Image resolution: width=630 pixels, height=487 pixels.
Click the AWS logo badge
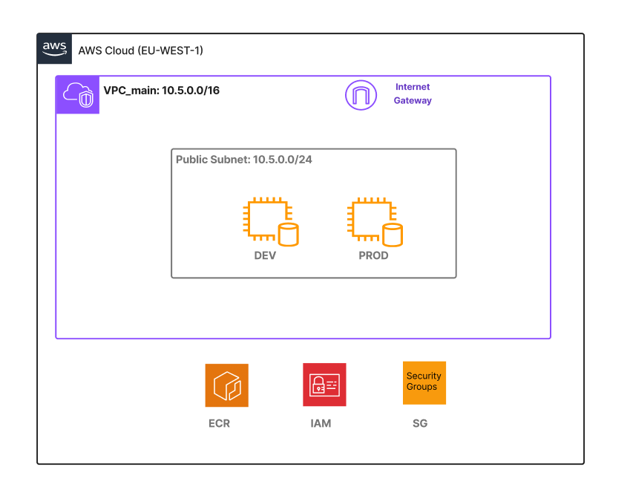pos(55,48)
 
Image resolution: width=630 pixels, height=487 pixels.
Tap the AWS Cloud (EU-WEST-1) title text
pos(140,50)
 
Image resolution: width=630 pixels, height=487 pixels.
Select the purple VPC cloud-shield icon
pos(78,95)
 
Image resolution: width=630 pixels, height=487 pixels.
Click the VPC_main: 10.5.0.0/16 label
pos(161,91)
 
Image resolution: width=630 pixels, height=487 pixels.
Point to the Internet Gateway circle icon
pos(361,95)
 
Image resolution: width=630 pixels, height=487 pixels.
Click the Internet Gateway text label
pos(413,94)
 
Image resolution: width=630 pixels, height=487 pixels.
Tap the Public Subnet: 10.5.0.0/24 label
pos(243,160)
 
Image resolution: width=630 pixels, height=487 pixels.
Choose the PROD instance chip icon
pos(370,218)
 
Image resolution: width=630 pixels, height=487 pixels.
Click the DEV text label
pos(265,255)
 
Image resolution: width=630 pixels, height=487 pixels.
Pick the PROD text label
pos(373,255)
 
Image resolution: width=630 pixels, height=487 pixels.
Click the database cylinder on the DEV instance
pos(287,235)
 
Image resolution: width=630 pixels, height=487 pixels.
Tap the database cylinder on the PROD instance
pos(393,235)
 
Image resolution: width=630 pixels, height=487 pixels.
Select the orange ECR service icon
pos(226,385)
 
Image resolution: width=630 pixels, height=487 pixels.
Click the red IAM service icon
pos(324,385)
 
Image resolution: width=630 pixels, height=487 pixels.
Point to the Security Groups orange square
pos(424,383)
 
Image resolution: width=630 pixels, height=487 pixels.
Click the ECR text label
pos(220,424)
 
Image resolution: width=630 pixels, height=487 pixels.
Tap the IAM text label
pos(321,424)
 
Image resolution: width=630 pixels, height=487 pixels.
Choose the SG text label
pos(420,424)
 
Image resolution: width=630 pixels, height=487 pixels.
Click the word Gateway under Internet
pos(413,100)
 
